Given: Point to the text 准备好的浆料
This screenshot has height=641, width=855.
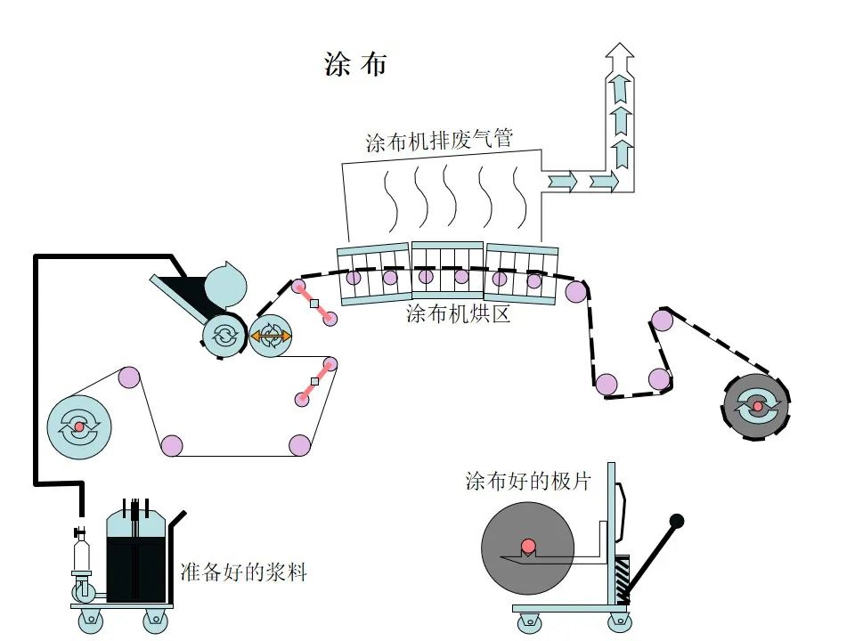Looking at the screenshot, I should point(243,572).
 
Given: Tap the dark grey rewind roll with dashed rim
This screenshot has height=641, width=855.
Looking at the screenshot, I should point(757,407).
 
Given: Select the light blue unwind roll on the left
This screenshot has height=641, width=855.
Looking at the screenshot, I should point(78,426).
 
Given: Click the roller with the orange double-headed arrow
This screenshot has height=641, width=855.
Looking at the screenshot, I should point(270,336).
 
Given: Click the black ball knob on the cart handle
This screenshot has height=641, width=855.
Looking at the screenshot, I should point(677,520).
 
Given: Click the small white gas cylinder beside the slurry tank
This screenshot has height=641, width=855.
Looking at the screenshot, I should point(81,556).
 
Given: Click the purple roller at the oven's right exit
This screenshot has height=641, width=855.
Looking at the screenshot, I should point(576,290).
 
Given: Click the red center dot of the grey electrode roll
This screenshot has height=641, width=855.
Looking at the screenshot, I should point(527,545).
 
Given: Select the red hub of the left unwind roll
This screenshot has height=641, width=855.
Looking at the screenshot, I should point(78,427).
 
